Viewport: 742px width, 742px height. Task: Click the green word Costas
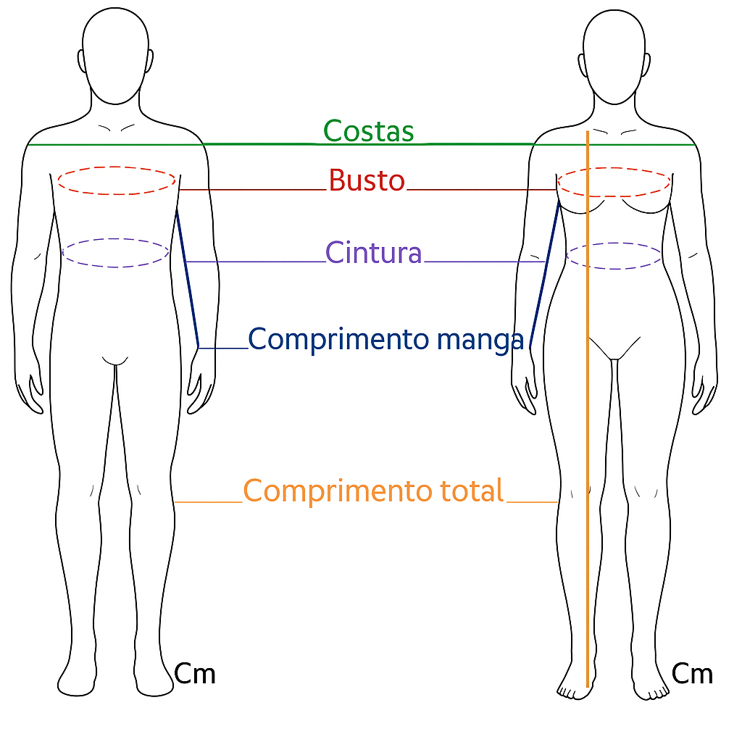[368, 131]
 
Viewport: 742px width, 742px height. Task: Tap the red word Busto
[366, 180]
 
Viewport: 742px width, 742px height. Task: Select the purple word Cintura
[373, 253]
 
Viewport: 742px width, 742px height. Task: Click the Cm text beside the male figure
[195, 674]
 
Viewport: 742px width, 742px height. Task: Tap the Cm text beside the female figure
[692, 674]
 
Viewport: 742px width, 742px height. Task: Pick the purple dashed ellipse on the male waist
[116, 239]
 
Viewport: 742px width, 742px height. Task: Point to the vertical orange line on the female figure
[587, 435]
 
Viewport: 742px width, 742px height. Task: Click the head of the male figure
[116, 54]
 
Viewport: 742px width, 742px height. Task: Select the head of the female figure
[614, 54]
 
